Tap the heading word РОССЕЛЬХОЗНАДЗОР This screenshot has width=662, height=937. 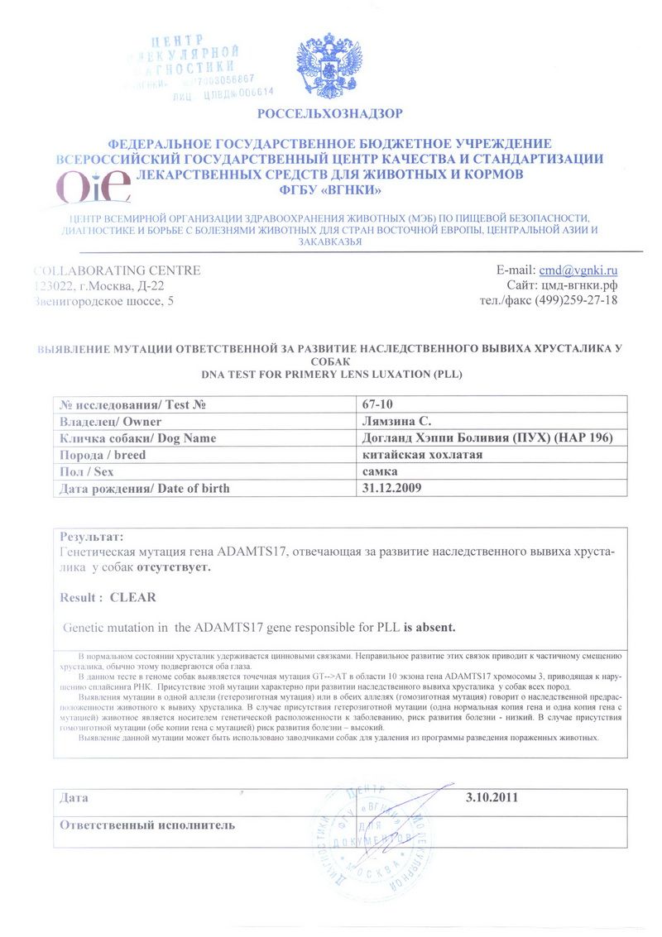(330, 113)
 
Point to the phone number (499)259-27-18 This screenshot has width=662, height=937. (578, 300)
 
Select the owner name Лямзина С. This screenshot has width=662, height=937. (396, 421)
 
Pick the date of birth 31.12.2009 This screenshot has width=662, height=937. (392, 488)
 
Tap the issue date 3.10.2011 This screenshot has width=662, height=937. (493, 798)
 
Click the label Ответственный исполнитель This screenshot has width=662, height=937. (147, 825)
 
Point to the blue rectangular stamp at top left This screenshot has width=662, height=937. (195, 67)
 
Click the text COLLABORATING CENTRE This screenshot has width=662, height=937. (118, 270)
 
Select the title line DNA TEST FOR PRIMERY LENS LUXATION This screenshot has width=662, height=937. (331, 374)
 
